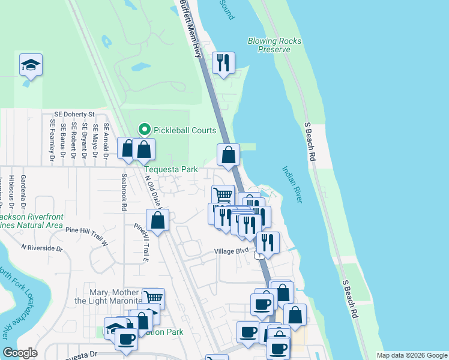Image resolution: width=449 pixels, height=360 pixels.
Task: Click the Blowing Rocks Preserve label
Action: click(x=274, y=45)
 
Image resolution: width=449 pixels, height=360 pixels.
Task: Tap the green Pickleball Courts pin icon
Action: click(x=144, y=129)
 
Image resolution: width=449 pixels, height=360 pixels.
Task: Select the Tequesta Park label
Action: click(x=170, y=170)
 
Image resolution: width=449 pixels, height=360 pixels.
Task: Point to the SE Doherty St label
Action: click(x=74, y=113)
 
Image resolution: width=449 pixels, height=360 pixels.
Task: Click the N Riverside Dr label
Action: click(x=41, y=247)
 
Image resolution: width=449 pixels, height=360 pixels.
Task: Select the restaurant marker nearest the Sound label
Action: click(x=223, y=63)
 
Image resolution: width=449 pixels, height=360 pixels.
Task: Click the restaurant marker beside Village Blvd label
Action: click(x=268, y=242)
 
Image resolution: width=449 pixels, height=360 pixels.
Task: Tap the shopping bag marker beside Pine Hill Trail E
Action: click(x=157, y=220)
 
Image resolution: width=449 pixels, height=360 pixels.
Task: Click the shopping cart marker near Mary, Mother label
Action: click(x=154, y=298)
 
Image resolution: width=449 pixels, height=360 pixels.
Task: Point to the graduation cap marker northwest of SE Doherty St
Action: click(x=31, y=65)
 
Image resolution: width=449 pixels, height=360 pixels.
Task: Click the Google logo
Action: click(x=20, y=353)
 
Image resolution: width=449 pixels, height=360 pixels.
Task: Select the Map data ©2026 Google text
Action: click(x=411, y=355)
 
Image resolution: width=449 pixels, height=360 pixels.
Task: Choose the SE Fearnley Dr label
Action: click(x=53, y=142)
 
